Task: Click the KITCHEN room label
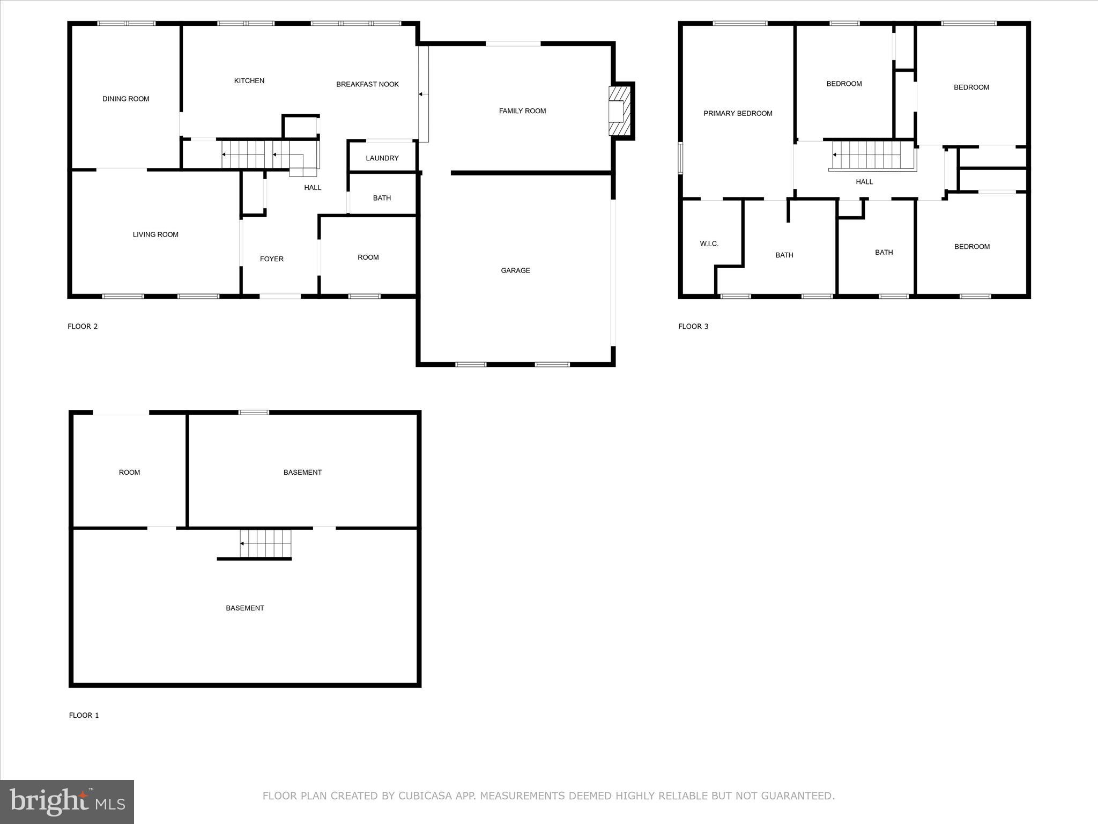tap(249, 81)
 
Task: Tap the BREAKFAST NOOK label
tap(367, 84)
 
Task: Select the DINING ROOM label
tap(126, 99)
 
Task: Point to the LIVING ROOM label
tap(155, 234)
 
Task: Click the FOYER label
tap(272, 259)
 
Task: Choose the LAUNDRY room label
tap(382, 158)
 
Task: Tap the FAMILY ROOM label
tap(522, 111)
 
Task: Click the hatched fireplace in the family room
tap(620, 111)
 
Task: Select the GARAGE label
tap(515, 270)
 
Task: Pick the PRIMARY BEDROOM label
tap(738, 113)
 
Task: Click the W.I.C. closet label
tap(709, 244)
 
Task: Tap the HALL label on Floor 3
tap(864, 182)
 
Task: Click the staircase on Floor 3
tap(872, 155)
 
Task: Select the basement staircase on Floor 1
tap(265, 543)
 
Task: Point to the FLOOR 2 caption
tap(83, 326)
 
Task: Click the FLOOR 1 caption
tap(84, 715)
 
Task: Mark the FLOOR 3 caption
tap(693, 326)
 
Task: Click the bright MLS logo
tap(67, 801)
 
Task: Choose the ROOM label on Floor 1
tap(129, 473)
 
